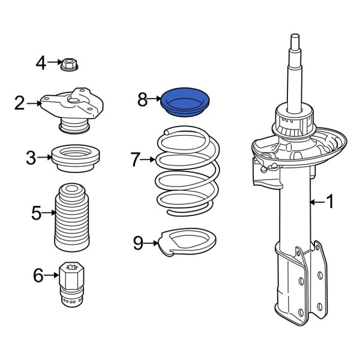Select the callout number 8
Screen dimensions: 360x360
point(143,100)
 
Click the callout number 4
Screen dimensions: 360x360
point(41,62)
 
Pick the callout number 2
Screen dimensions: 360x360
point(20,103)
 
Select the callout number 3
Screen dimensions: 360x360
point(31,158)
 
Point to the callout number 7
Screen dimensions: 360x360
point(135,160)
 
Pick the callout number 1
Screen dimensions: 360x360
point(329,203)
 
